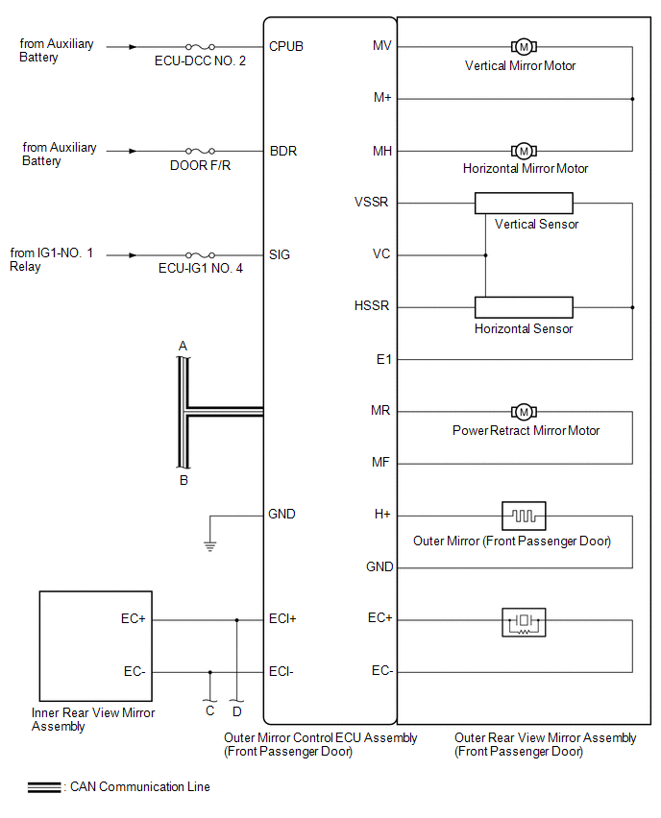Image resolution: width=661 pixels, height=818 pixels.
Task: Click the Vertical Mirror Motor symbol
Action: (524, 46)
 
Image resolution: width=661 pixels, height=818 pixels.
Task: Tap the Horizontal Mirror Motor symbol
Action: (524, 151)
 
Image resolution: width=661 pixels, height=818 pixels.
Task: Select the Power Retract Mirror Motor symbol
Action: (524, 412)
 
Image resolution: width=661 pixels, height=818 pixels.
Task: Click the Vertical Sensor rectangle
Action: (524, 204)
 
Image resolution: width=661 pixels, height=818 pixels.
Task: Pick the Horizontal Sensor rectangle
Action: (524, 307)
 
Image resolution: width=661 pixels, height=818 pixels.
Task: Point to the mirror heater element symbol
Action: (524, 516)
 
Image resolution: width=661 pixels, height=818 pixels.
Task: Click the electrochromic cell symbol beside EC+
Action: (524, 623)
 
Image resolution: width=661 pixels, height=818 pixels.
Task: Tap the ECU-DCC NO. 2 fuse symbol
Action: (200, 46)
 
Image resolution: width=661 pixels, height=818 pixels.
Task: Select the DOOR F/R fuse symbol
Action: (200, 151)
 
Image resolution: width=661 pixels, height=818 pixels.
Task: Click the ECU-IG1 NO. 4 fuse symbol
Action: (200, 255)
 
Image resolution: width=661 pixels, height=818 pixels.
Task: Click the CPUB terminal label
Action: (287, 46)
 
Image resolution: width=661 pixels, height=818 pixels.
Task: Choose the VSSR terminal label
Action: (372, 203)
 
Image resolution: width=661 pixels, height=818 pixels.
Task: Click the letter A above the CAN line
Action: (183, 346)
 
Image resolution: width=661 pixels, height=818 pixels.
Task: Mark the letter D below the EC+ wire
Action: (236, 711)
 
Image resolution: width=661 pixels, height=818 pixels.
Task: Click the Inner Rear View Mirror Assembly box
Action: (94, 645)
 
